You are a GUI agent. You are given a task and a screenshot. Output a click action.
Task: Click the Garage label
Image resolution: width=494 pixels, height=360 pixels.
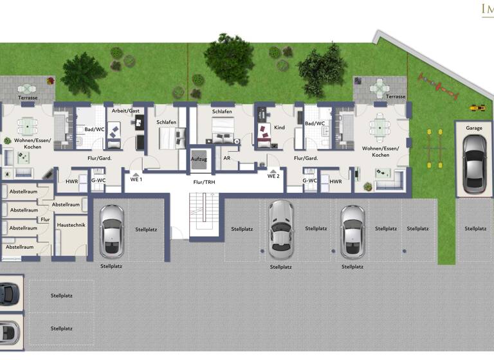tap(474, 128)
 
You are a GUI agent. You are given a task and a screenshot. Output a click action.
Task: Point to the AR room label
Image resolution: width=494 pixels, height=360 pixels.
tap(226, 157)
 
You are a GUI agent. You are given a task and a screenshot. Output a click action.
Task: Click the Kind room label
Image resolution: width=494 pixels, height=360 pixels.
tap(279, 128)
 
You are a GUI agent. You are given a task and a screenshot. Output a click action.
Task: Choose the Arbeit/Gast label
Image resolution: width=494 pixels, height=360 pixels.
tap(125, 111)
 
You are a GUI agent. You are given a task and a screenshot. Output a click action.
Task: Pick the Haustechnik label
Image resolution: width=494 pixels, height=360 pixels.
tap(71, 225)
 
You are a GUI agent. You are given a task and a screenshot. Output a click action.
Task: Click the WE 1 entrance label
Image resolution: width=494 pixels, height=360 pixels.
tap(136, 179)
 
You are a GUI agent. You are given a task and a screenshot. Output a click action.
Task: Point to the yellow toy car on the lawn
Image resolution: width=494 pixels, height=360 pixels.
tap(477, 108)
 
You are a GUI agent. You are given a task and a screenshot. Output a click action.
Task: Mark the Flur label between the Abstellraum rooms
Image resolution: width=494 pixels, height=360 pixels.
tap(45, 219)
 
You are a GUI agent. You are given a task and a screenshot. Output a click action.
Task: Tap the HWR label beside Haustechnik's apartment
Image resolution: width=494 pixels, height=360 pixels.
tap(71, 182)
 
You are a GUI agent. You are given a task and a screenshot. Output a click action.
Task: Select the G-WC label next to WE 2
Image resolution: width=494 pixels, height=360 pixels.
tap(311, 182)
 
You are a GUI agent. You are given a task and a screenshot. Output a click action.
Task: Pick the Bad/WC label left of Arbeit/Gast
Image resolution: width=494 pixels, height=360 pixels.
tap(95, 129)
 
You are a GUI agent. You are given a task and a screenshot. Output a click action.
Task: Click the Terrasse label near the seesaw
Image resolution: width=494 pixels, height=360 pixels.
tap(396, 96)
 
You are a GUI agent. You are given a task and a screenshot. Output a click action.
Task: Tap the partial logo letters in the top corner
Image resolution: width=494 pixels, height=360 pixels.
tap(487, 9)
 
